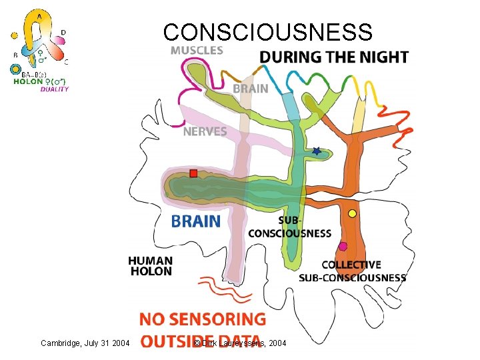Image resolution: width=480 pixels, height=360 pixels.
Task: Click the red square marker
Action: pos(193,173)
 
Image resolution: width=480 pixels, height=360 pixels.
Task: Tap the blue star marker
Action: pos(316,152)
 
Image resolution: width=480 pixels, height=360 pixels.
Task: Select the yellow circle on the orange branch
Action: pos(352,213)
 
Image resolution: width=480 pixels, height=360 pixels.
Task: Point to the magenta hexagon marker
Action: pos(343,247)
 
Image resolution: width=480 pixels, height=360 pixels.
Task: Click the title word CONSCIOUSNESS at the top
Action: pos(268,32)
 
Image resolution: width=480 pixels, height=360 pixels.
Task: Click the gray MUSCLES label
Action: pos(197,50)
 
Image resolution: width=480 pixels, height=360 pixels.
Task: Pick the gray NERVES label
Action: pos(205,132)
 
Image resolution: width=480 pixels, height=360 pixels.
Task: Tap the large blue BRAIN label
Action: pos(195,221)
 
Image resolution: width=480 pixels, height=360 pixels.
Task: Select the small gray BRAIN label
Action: pos(250,88)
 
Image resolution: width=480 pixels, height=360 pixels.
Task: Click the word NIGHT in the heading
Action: pos(381,57)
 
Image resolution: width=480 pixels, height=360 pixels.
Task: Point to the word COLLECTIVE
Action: pos(351,265)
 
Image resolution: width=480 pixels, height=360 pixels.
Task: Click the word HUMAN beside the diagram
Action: pos(151,261)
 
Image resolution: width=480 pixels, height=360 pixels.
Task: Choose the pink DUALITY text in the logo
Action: pos(55,89)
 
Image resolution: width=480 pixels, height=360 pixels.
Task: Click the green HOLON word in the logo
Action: pos(28,82)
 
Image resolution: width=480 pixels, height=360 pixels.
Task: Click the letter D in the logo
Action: pos(63,31)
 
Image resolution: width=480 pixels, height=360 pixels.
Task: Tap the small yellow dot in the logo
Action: pos(13,35)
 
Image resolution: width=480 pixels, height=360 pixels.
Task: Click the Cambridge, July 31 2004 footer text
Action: pos(85,343)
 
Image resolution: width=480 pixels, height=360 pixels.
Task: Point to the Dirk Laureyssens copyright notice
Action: pos(240,343)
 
